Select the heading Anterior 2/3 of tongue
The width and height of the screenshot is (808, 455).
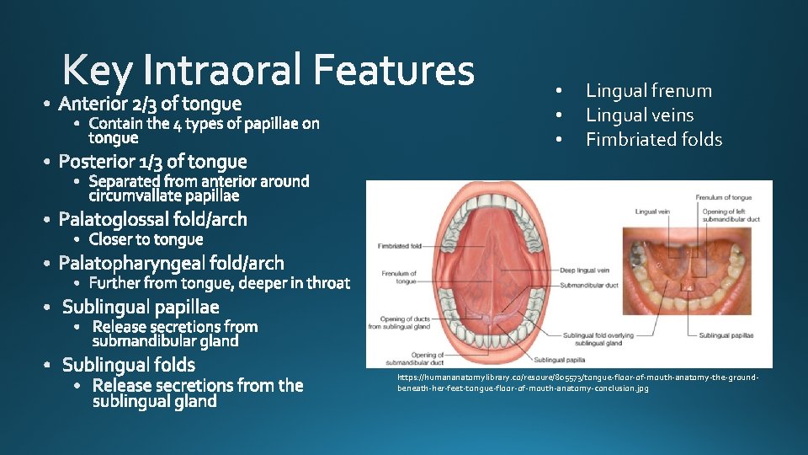(x=150, y=104)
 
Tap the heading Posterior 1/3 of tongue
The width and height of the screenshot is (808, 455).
(x=152, y=162)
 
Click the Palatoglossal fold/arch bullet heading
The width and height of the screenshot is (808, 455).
(x=152, y=220)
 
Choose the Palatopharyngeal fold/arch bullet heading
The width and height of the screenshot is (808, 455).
(x=171, y=263)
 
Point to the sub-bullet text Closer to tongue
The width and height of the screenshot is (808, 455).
(x=146, y=239)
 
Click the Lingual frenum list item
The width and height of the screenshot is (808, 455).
(x=648, y=91)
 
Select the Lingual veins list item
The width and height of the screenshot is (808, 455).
(x=639, y=115)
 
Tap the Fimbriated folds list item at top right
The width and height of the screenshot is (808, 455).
(x=653, y=140)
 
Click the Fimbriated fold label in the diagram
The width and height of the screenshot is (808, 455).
(x=400, y=247)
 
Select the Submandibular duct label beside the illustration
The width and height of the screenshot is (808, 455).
(x=589, y=286)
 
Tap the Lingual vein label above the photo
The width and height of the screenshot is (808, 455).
(x=652, y=211)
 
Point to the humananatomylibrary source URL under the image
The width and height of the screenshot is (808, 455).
(x=577, y=383)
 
